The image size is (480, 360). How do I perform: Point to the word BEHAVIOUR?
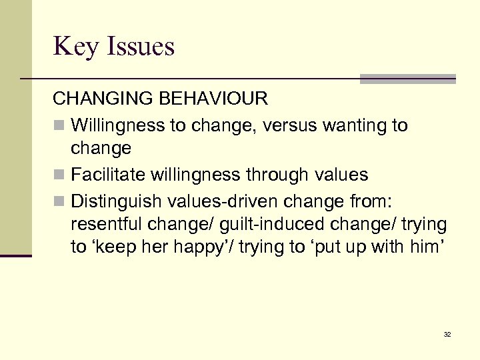(214, 99)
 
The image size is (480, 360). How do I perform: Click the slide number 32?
(447, 334)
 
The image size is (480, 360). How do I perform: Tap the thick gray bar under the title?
(407, 79)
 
